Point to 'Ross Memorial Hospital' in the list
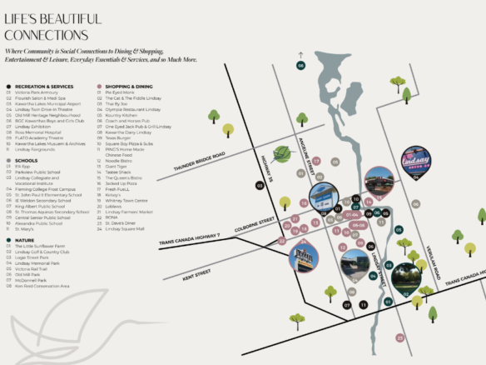point(41,132)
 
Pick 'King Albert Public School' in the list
point(42,204)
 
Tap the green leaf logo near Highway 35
point(284,153)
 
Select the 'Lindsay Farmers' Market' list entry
point(132,212)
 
